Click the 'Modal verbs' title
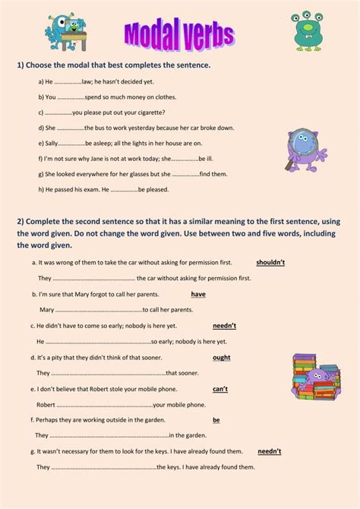coord(179,33)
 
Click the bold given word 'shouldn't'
coord(270,261)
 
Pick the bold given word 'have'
coord(198,293)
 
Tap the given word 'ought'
coord(221,357)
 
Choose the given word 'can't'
coord(220,388)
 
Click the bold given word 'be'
coord(216,419)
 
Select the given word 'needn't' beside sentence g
coord(269,451)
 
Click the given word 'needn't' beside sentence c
coord(224,325)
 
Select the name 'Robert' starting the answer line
coord(46,404)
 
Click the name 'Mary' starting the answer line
coord(46,309)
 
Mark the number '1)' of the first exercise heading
coord(21,65)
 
